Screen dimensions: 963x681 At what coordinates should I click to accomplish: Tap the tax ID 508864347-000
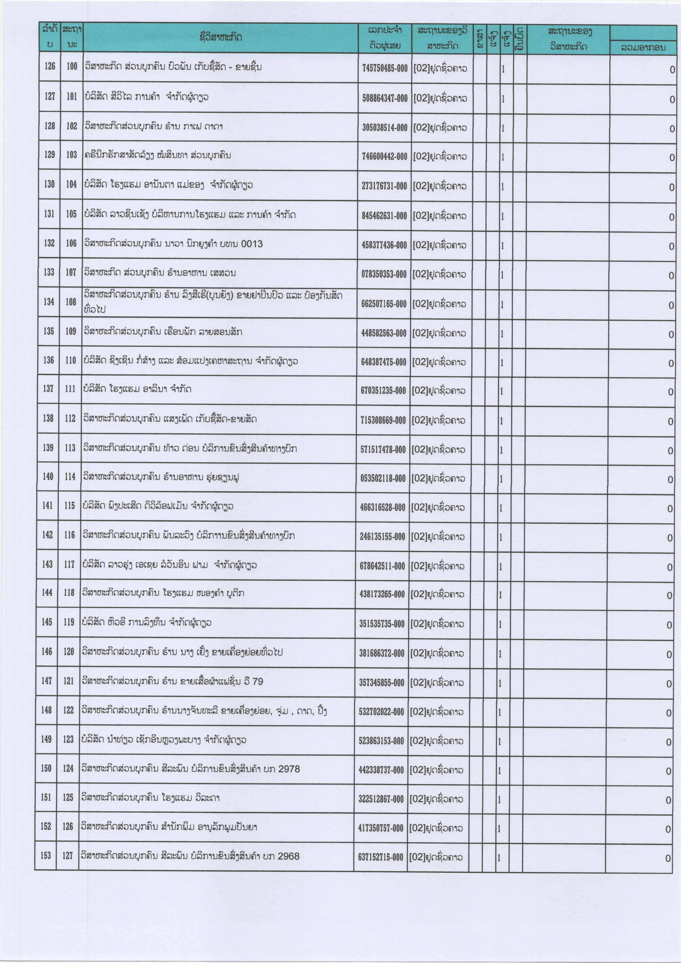click(x=384, y=98)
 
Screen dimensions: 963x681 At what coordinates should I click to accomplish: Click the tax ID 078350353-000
click(x=384, y=274)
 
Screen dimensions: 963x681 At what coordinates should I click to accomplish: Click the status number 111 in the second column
click(x=70, y=389)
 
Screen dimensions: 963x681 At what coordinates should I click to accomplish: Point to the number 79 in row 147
click(x=258, y=681)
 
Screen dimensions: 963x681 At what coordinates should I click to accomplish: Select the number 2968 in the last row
click(x=289, y=856)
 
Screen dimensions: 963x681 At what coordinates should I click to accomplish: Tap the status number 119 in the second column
click(x=69, y=622)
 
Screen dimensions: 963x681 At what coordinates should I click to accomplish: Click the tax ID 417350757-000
click(x=380, y=828)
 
